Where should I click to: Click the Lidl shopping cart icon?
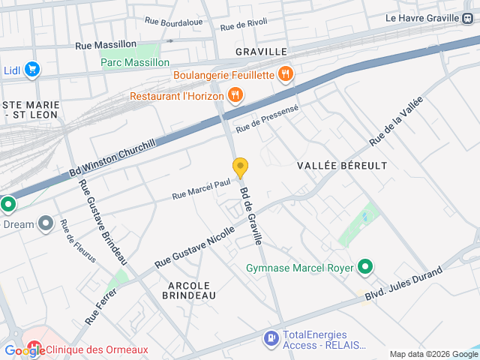click(31, 70)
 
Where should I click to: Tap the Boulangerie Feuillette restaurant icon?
click(285, 74)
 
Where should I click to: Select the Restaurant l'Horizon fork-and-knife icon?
click(235, 95)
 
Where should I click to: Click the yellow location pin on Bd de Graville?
click(240, 167)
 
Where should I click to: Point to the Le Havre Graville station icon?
click(468, 18)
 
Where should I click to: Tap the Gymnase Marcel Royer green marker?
click(365, 267)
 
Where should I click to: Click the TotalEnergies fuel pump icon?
click(270, 340)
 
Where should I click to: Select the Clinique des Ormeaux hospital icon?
click(34, 349)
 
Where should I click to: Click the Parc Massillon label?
click(135, 62)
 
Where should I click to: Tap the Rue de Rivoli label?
click(244, 25)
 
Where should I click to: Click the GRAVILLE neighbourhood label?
click(261, 52)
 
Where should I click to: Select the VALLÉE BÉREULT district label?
click(342, 165)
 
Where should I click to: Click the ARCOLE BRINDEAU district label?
click(189, 290)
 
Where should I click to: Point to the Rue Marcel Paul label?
click(200, 188)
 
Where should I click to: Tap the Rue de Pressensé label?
click(268, 119)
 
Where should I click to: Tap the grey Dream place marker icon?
click(46, 223)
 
